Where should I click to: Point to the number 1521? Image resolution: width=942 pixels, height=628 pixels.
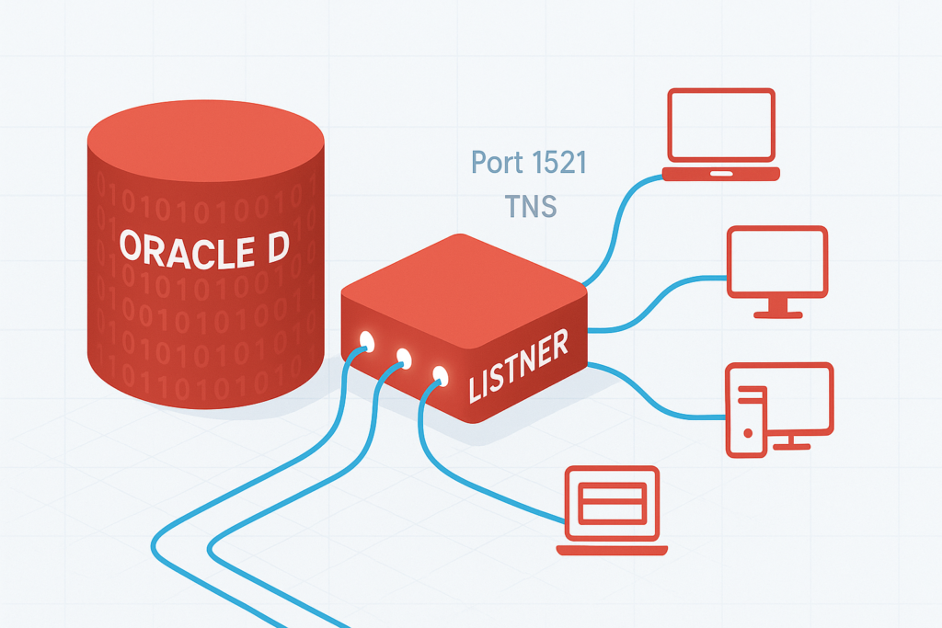555,164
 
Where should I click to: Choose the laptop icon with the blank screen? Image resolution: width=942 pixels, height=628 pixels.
721,134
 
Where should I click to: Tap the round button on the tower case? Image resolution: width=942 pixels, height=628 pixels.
748,431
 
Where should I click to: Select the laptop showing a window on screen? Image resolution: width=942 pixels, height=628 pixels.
612,510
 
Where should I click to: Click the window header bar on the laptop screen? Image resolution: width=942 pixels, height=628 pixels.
612,489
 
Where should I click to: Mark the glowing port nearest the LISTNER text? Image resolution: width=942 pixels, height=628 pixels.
440,374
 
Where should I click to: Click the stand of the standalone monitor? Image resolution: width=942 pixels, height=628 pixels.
777,308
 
